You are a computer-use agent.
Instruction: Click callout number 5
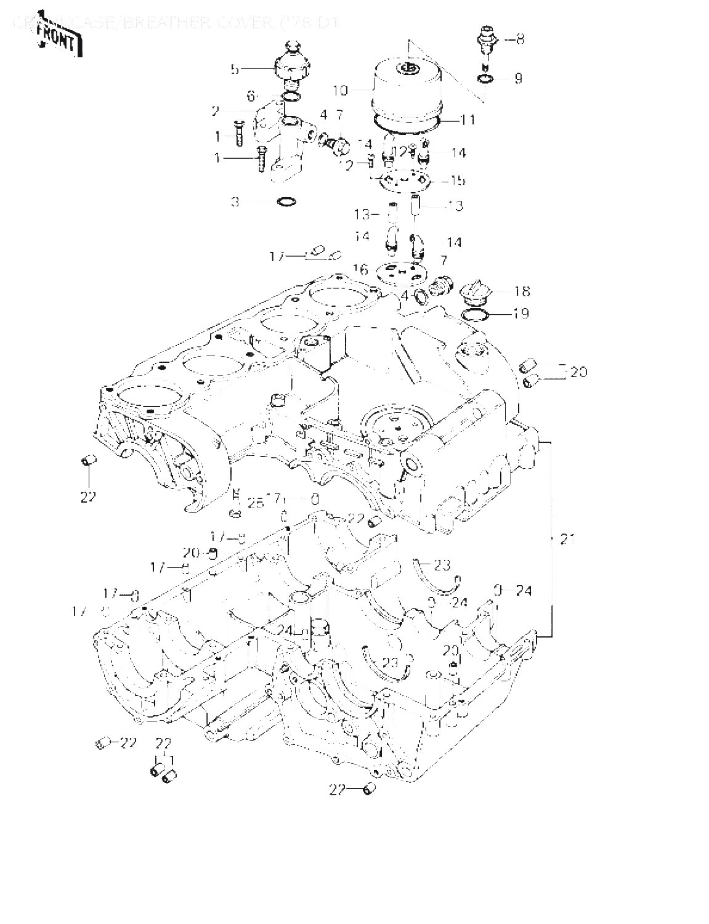click(x=235, y=70)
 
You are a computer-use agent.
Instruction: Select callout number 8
click(x=521, y=39)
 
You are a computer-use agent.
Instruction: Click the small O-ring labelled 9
click(x=485, y=79)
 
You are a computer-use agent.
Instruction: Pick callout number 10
click(x=341, y=91)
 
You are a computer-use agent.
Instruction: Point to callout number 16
click(x=360, y=269)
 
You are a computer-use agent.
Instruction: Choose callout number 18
click(x=522, y=291)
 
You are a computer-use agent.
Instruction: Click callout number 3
click(x=235, y=201)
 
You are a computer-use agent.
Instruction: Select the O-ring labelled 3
click(x=286, y=201)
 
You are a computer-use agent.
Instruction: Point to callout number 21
click(x=567, y=540)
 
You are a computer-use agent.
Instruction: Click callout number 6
click(x=251, y=96)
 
